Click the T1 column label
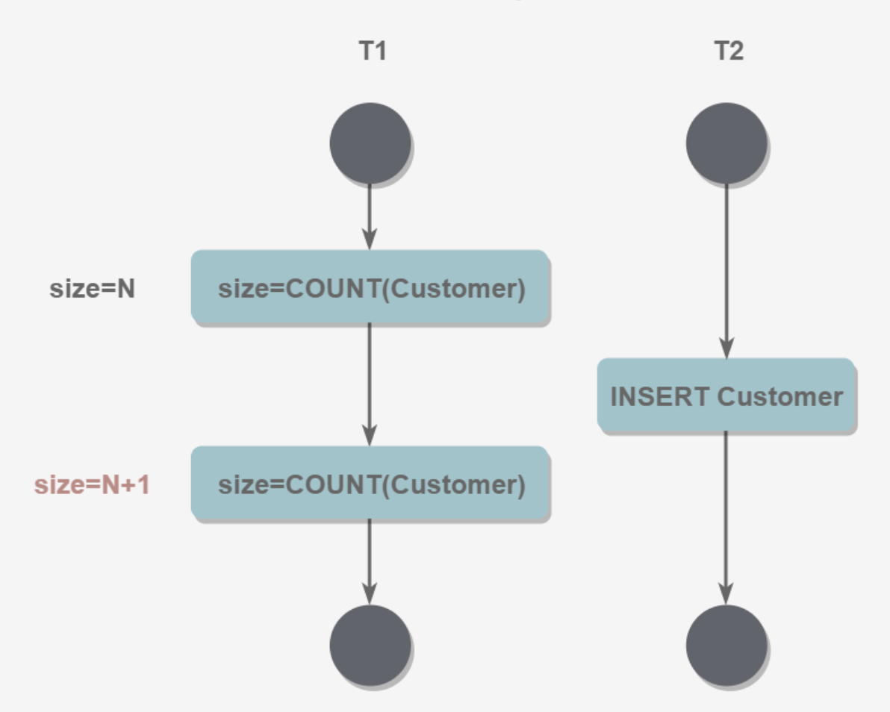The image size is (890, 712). coord(372,51)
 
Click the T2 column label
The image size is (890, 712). coord(728,51)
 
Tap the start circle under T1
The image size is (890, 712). coord(370,143)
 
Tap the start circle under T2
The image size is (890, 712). coord(726,143)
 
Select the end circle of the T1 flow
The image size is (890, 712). coord(370,644)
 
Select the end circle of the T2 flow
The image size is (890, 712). coord(726,644)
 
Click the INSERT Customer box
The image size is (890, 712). coord(726,396)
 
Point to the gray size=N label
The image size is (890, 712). coord(92,289)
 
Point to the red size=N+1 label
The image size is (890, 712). coord(92,485)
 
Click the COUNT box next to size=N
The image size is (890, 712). coord(370,288)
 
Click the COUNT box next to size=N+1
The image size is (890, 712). coord(370,484)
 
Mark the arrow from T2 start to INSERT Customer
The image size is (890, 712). coord(726,269)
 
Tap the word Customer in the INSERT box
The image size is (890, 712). coord(779,396)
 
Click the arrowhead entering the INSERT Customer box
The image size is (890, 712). coord(726,349)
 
